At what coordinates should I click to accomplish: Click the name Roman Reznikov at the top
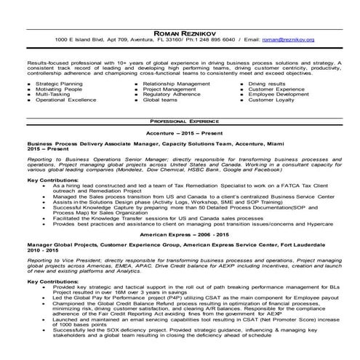180,31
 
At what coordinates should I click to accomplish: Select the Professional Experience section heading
180,120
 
